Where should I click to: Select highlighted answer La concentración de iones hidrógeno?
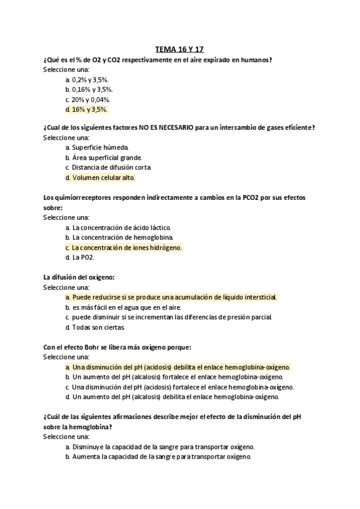pos(126,247)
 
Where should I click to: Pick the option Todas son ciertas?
pos(99,327)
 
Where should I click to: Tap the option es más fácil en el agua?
pos(120,307)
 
